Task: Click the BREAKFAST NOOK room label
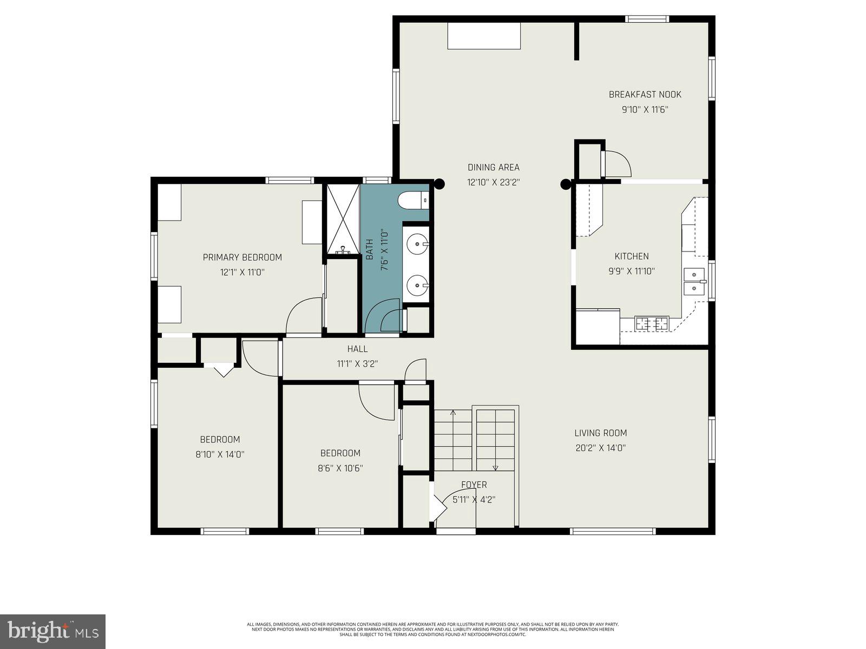(645, 95)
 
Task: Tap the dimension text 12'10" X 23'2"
(493, 183)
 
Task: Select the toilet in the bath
(413, 201)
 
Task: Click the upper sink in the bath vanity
(417, 244)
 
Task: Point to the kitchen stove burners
(652, 324)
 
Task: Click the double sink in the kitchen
(694, 281)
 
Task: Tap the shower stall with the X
(342, 219)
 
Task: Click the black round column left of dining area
(439, 184)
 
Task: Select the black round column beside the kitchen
(566, 184)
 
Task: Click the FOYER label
(474, 485)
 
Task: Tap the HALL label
(357, 349)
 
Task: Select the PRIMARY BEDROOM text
(242, 257)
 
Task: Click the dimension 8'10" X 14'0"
(220, 455)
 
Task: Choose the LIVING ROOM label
(600, 433)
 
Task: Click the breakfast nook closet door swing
(618, 163)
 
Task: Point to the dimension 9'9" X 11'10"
(631, 271)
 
